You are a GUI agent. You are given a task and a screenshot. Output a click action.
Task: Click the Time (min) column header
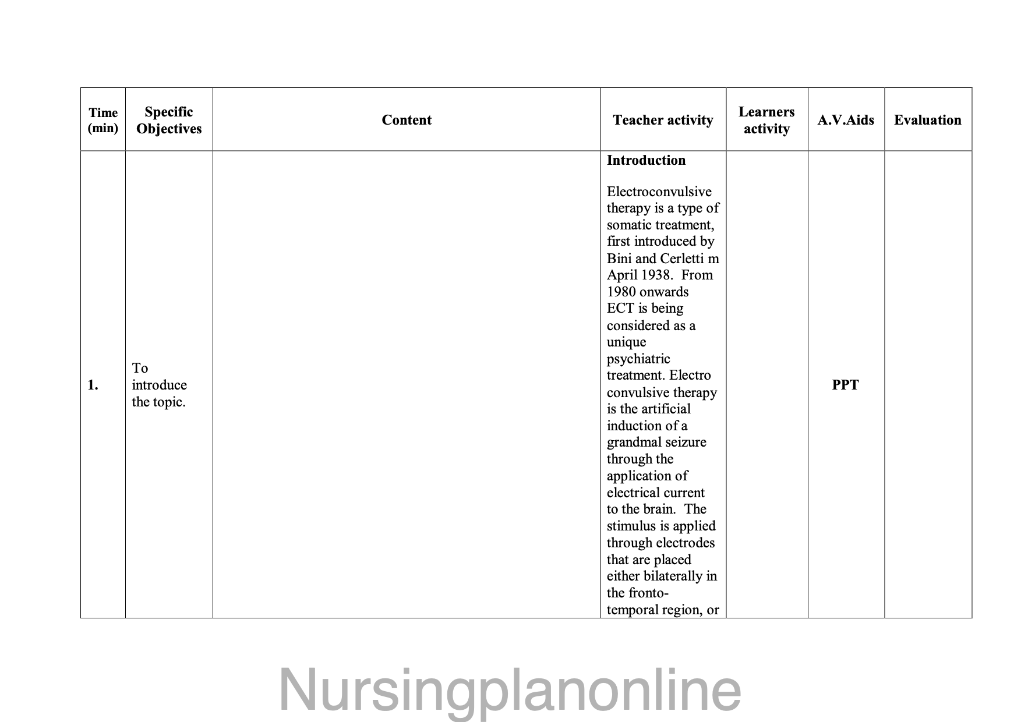[103, 120]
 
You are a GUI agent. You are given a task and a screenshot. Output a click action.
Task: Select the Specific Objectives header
[169, 120]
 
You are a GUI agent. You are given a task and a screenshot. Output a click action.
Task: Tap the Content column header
[407, 120]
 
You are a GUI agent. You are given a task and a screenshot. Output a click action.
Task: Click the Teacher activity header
[663, 120]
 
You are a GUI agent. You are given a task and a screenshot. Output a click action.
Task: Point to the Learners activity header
[766, 120]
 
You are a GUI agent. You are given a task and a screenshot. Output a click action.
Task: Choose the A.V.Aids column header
[846, 120]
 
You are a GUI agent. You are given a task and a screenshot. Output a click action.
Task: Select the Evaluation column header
[928, 120]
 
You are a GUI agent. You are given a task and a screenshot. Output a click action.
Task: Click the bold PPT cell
[845, 385]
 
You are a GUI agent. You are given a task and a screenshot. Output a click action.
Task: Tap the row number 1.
[93, 385]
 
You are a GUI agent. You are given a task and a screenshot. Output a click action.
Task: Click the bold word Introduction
[646, 160]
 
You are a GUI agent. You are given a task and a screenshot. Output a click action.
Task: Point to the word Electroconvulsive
[659, 192]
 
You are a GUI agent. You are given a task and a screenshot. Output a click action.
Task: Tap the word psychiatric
[638, 359]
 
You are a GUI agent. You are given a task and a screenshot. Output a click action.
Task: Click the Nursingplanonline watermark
[510, 691]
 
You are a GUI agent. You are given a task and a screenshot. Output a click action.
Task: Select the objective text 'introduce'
[159, 385]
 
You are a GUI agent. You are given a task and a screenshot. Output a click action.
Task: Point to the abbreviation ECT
[620, 309]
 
